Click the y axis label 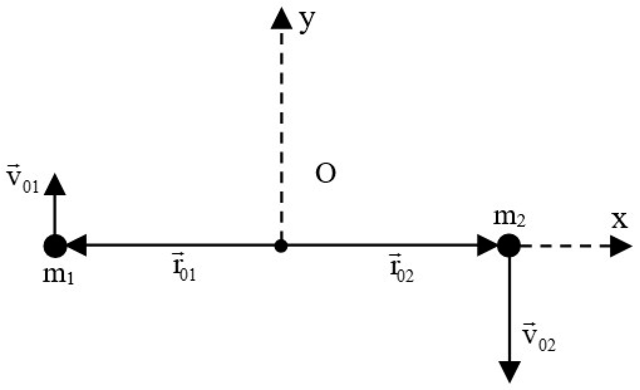(307, 22)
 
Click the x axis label (620, 220)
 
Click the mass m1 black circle (55, 246)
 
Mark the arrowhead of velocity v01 (55, 185)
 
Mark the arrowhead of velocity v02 (510, 371)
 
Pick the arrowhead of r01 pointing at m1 (77, 245)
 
